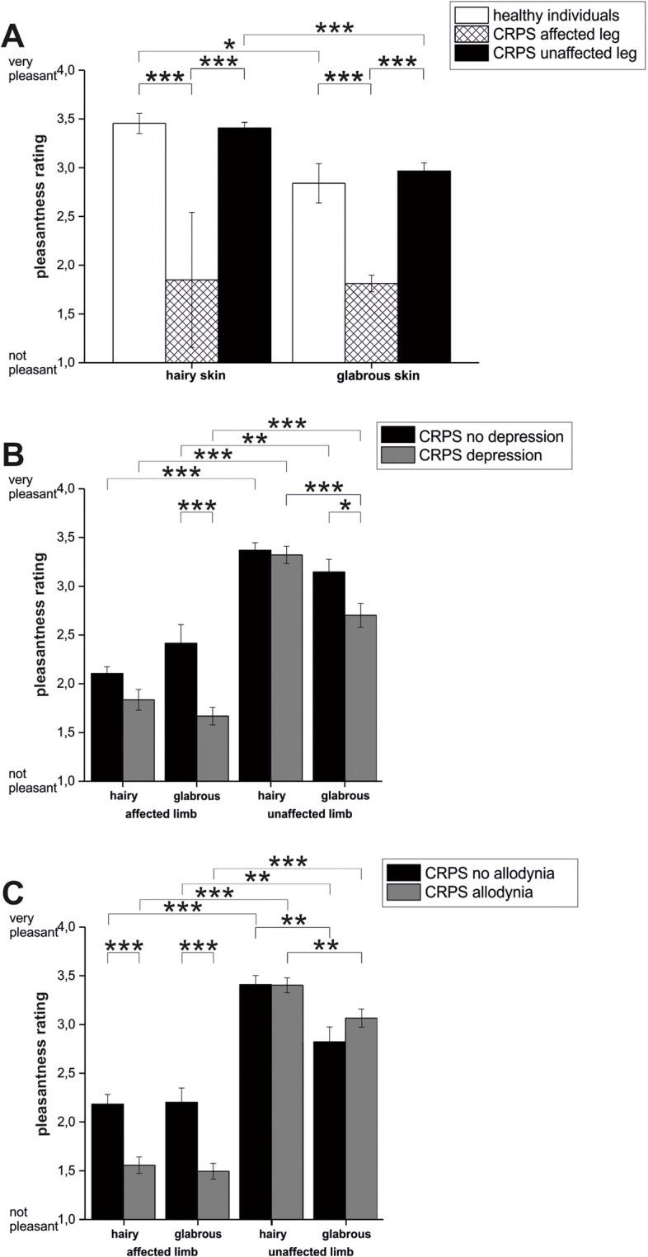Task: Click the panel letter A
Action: click(x=15, y=36)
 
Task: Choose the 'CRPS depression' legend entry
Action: click(x=480, y=455)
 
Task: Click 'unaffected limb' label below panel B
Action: click(x=310, y=814)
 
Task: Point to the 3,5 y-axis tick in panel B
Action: click(x=73, y=537)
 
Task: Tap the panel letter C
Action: click(x=14, y=893)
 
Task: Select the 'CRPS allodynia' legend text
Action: click(x=480, y=892)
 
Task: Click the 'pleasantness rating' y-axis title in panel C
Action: click(x=43, y=1063)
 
